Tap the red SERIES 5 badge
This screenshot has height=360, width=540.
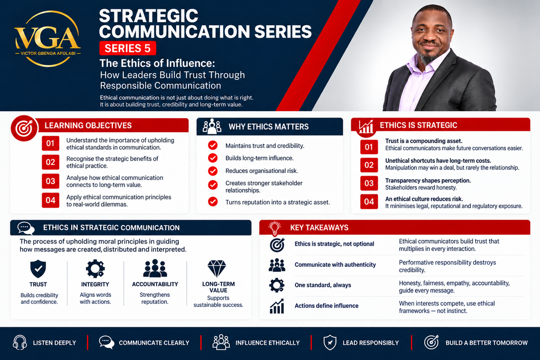click(128, 48)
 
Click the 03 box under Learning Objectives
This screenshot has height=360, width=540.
click(51, 181)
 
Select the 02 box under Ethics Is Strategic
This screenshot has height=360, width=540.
click(369, 165)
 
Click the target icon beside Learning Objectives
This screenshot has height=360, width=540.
click(24, 128)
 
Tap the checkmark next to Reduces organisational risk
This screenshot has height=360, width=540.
click(213, 171)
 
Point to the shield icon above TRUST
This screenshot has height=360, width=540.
click(38, 269)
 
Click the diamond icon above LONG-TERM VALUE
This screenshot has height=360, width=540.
click(217, 268)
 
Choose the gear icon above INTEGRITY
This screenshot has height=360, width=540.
click(95, 269)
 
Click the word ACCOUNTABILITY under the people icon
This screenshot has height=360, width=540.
click(155, 284)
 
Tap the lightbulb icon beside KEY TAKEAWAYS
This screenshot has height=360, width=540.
click(274, 228)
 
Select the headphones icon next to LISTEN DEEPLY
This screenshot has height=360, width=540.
click(20, 343)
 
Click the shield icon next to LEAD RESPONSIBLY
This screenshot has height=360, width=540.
click(330, 343)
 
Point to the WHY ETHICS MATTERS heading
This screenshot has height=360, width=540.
click(268, 127)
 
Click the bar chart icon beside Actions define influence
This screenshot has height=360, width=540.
click(277, 306)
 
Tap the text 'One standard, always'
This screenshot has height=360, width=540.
click(323, 285)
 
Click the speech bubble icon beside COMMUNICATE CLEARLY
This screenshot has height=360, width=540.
click(107, 343)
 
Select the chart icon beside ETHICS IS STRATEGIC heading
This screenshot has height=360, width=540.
click(366, 127)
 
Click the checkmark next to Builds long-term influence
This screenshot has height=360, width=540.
click(213, 158)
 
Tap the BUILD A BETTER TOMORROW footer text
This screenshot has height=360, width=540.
click(487, 343)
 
